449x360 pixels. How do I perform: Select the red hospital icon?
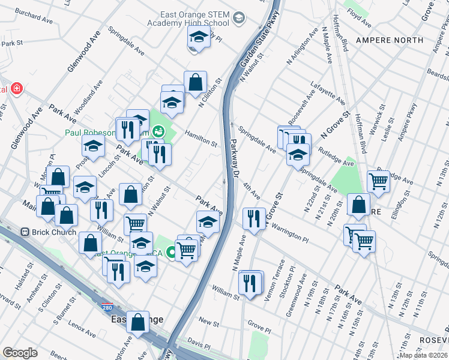pyautogui.click(x=17, y=89)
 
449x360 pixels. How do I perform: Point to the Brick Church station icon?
pyautogui.click(x=25, y=232)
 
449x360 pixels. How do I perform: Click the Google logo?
pyautogui.click(x=20, y=352)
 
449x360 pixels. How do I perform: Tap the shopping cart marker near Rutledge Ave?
pyautogui.click(x=378, y=179)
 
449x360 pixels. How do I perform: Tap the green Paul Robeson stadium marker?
pyautogui.click(x=158, y=130)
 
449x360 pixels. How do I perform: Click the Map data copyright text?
pyautogui.click(x=421, y=355)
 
